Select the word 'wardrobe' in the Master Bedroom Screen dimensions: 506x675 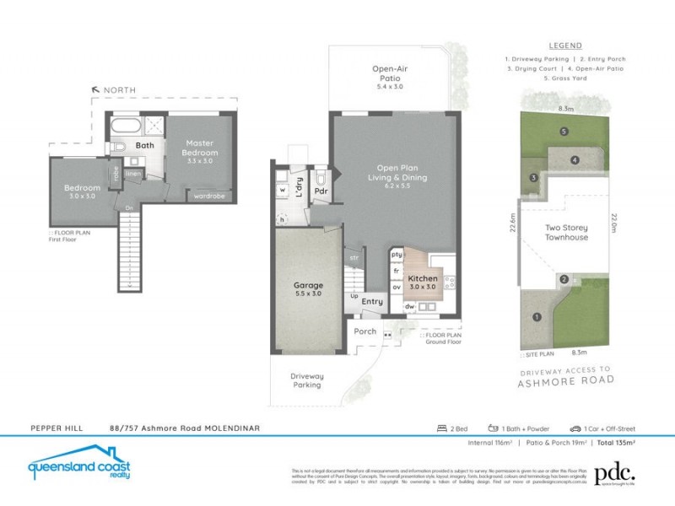(208, 195)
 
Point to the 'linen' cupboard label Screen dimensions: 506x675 (133, 173)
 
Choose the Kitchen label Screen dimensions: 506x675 (423, 283)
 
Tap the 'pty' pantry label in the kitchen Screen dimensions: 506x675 (396, 254)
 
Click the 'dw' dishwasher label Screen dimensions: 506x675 (408, 307)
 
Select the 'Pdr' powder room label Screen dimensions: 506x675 (321, 191)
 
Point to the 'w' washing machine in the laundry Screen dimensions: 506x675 (281, 190)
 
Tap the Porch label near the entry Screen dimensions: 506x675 (364, 331)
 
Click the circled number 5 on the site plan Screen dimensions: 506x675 (563, 131)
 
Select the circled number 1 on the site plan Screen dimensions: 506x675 (536, 317)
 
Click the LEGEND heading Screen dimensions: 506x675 (564, 46)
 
